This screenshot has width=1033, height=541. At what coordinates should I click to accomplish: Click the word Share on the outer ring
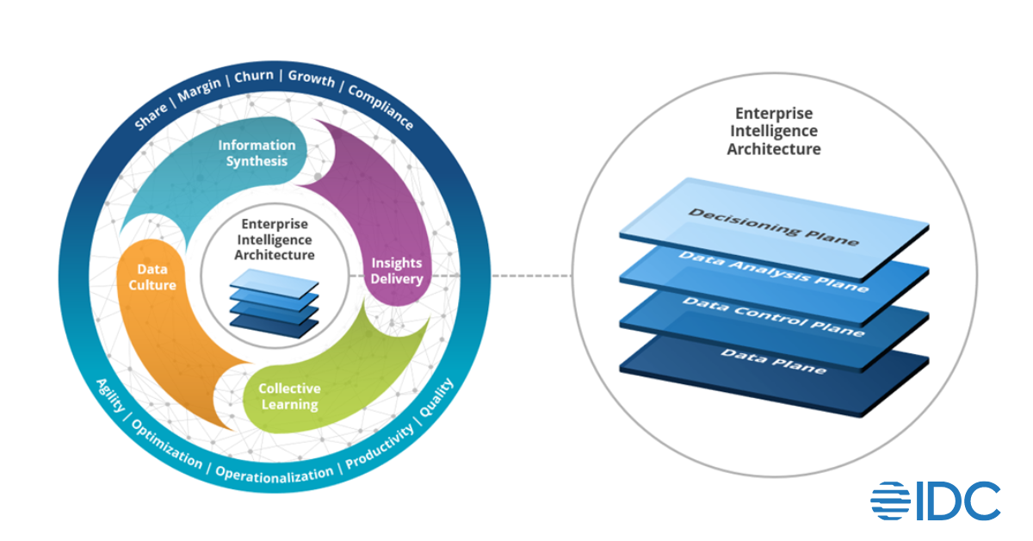point(152,117)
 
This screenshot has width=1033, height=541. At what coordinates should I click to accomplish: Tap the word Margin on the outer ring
point(201,88)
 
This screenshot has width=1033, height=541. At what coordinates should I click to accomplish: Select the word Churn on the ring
point(254,76)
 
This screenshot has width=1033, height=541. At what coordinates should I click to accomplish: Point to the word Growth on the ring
point(311,78)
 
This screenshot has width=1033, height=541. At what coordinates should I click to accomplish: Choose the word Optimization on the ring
point(167,445)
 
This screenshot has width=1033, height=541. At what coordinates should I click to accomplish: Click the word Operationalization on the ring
point(274,474)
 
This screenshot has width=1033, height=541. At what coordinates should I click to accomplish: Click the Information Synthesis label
point(257,152)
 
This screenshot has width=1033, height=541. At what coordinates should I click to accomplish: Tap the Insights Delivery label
point(397,270)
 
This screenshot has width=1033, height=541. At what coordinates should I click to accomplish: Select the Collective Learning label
point(289,396)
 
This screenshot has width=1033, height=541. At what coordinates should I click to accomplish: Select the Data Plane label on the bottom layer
point(773,360)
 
